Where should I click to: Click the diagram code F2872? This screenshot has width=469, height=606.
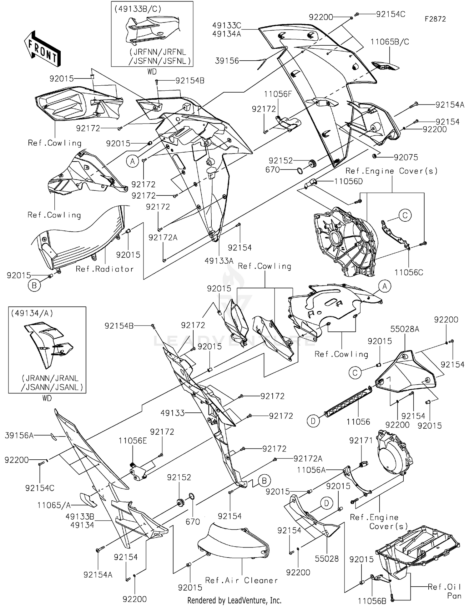[x=435, y=19]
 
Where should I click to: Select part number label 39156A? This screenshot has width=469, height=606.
[x=19, y=435]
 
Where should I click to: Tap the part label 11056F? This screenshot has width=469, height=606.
[x=278, y=94]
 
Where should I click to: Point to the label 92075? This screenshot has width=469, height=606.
[x=406, y=157]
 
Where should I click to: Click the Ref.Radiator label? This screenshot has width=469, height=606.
[x=104, y=269]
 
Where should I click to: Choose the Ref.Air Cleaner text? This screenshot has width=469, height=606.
[x=241, y=580]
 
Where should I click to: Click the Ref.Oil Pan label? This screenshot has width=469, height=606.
[x=444, y=591]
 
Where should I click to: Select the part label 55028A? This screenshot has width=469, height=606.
[x=405, y=329]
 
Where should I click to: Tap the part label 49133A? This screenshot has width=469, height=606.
[x=219, y=260]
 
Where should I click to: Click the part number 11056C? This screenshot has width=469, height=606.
[x=409, y=272]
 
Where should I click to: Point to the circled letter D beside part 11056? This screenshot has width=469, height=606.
[x=313, y=421]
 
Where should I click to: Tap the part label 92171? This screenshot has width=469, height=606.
[x=361, y=440]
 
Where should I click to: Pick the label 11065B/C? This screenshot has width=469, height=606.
[x=390, y=42]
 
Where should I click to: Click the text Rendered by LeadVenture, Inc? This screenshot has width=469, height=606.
[x=234, y=600]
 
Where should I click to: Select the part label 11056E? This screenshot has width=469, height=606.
[x=133, y=441]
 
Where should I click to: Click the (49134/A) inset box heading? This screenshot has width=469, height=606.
[x=32, y=313]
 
